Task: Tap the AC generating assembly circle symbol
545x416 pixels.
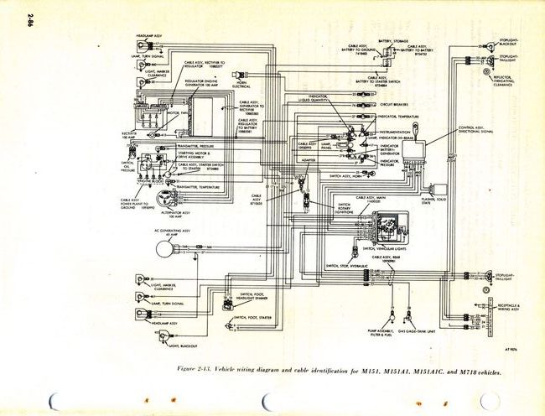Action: [x=163, y=248]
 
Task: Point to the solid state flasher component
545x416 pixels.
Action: [x=433, y=190]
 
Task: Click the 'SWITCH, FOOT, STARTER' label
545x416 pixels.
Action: [x=252, y=319]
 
